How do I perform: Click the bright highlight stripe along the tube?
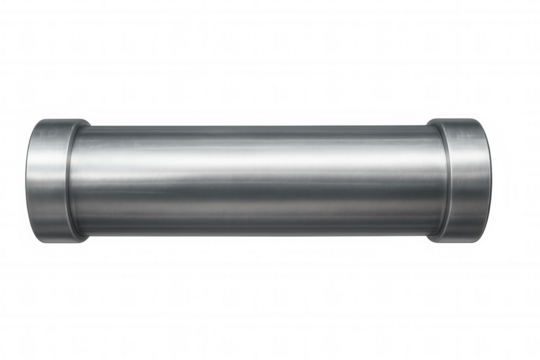(255, 160)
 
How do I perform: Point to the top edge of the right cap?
(463, 121)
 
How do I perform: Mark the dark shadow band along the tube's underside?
(255, 225)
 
